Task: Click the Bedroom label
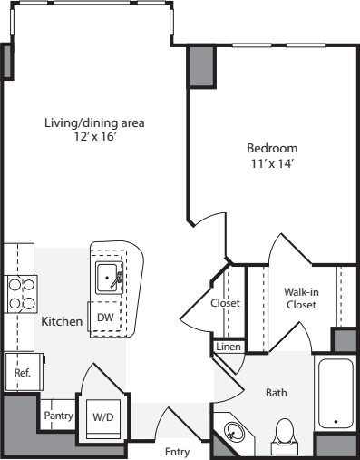pos(272,148)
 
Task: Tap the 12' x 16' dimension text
pos(95,137)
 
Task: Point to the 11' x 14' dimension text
pos(273,163)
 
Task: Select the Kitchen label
pos(62,321)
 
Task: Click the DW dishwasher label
pos(105,318)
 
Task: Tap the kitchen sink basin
pos(107,278)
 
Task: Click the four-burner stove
pos(21,294)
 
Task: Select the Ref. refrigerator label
pos(23,372)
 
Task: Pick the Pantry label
pos(59,416)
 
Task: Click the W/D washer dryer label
pos(103,417)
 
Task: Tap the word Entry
pos(178,452)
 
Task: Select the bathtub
pos(336,393)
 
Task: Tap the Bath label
pos(277,393)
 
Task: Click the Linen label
pos(229,347)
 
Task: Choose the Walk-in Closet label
pos(301,299)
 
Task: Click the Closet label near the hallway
pos(225,303)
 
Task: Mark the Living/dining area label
pos(94,123)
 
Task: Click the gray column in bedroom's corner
pos(201,66)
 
